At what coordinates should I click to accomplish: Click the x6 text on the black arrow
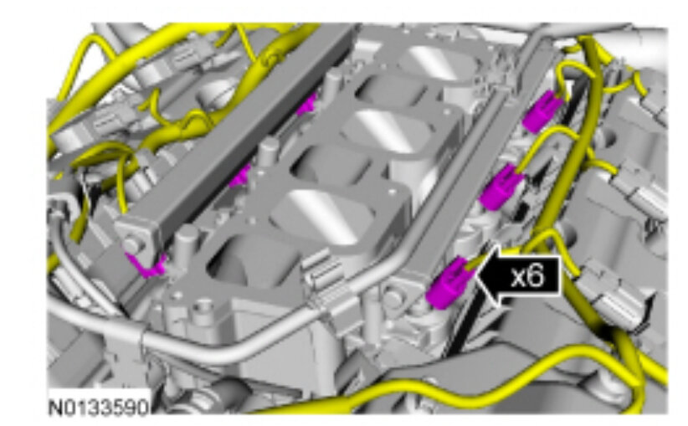tap(528, 276)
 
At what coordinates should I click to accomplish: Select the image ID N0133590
tap(99, 408)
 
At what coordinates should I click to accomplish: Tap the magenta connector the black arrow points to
tap(449, 283)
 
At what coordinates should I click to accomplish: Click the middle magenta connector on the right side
tap(501, 186)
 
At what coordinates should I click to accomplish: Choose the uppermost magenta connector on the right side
tap(542, 111)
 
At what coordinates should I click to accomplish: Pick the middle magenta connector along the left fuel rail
tap(240, 176)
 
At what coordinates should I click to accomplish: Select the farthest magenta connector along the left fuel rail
tap(306, 105)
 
